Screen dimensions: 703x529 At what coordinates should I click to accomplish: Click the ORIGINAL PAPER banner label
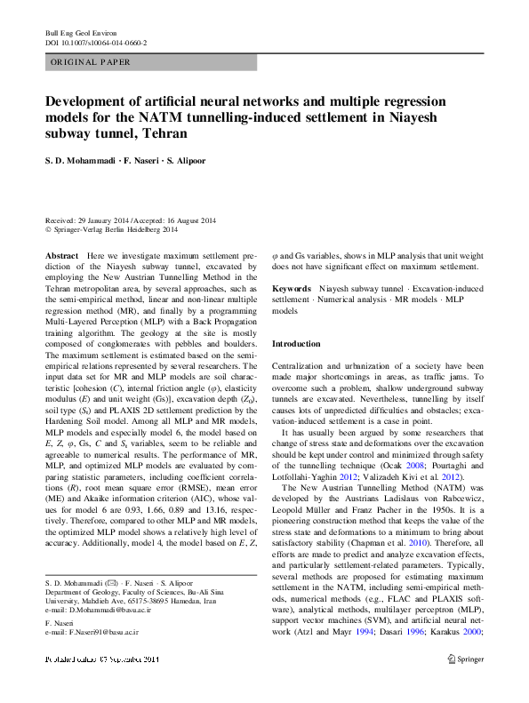pos(91,62)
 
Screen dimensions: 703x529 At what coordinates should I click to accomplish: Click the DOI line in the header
pos(96,42)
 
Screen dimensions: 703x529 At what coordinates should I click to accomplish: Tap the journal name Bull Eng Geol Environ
pos(81,32)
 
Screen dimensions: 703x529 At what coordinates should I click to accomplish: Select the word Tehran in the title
pos(165,133)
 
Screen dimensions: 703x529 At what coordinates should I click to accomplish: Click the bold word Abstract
pos(61,255)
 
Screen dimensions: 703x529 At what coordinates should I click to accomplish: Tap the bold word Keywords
pos(291,290)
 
